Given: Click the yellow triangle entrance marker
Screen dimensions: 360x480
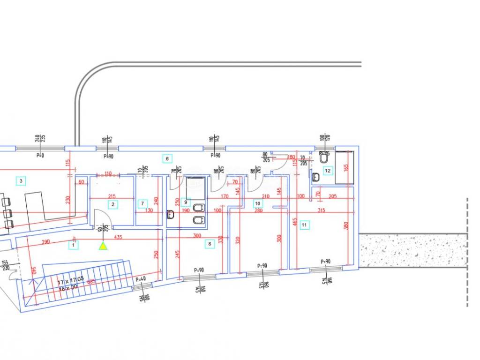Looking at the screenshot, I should (x=103, y=245).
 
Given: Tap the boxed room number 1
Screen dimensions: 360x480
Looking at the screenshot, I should (x=74, y=244).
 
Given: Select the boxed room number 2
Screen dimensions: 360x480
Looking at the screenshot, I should (x=112, y=204).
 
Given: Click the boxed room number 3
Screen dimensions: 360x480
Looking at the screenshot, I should (x=20, y=180).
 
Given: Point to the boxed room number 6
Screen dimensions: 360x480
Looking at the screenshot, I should (x=167, y=158).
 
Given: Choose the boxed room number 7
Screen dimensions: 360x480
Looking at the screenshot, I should (x=142, y=203).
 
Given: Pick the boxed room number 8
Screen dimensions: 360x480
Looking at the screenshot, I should (x=210, y=243).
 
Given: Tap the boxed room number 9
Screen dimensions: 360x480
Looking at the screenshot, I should (x=186, y=202).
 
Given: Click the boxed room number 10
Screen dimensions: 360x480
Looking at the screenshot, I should (x=257, y=203).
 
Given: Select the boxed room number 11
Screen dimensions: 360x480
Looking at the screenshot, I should (x=305, y=225).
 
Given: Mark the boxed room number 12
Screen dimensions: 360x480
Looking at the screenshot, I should (x=328, y=171).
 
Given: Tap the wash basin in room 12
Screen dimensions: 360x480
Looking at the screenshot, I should (x=315, y=177).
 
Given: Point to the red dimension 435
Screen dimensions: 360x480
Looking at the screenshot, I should (x=118, y=238).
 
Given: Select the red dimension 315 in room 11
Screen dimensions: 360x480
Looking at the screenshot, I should (x=321, y=210).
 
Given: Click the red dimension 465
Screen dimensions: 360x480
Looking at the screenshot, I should (x=295, y=220).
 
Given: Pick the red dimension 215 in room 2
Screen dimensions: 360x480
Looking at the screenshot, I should (x=112, y=196).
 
